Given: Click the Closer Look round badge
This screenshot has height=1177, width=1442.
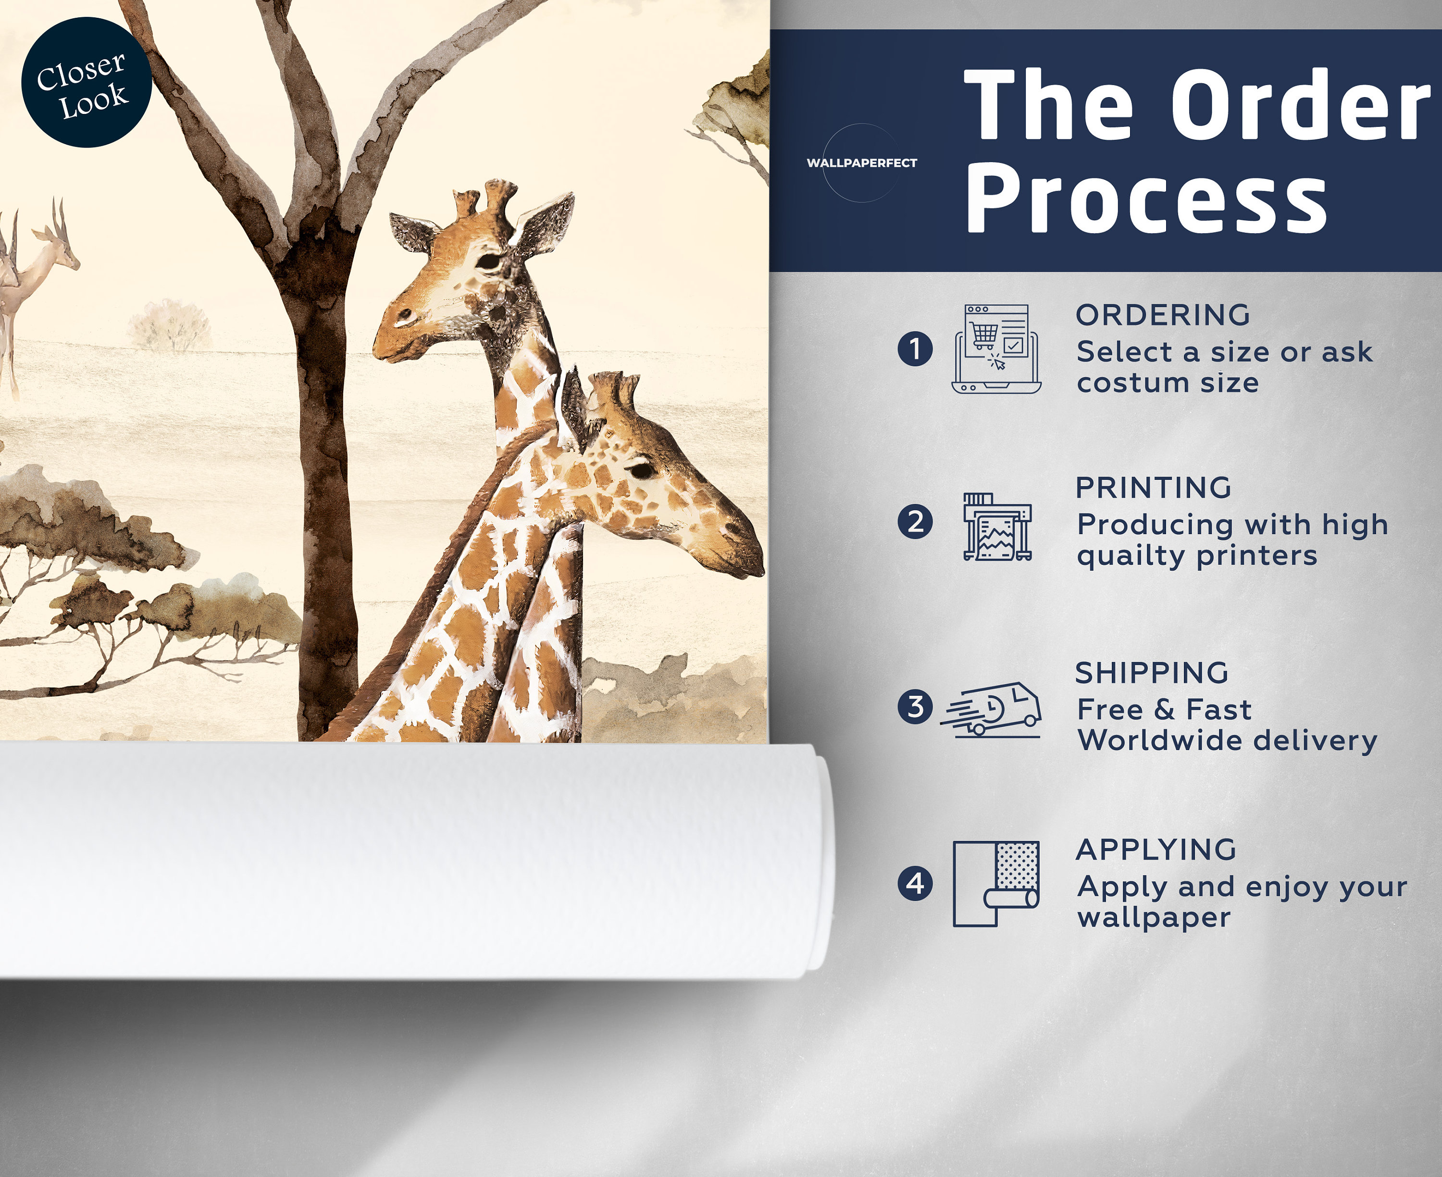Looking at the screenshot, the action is [87, 82].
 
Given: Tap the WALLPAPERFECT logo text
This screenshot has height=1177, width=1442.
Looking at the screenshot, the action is [861, 163].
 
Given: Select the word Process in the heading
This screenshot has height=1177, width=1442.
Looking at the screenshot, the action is [1146, 200].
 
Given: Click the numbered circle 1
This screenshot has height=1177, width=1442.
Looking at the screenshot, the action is [915, 349].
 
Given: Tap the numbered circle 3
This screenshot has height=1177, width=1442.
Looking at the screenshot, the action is [915, 706].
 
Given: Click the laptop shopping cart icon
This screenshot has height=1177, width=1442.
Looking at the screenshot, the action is [996, 349].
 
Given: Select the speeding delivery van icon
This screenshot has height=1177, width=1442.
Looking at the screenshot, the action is [991, 709].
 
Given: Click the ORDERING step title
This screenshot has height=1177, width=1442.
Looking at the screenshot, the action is [1163, 315].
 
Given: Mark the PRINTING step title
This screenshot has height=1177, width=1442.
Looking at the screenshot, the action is [1153, 488].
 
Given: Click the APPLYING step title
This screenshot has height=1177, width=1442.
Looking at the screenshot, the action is [1156, 850].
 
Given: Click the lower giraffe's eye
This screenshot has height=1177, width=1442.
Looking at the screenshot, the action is [640, 469].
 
